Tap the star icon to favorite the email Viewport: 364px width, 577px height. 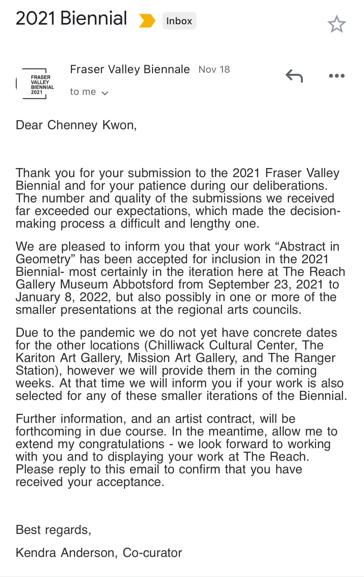coord(336,24)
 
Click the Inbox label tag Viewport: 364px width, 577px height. coord(179,21)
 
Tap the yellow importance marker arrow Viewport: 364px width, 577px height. coord(147,21)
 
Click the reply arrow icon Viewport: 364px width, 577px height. coord(294,76)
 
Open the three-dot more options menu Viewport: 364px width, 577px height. coord(336,76)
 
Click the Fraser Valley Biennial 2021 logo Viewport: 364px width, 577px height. coord(36,84)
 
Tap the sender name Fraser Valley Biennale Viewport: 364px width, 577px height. coord(130,69)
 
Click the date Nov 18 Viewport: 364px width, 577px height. coord(214,69)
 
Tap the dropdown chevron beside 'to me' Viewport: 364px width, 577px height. coord(105,93)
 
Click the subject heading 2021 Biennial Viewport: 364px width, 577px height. coord(71,18)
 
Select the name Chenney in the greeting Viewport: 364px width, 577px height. coord(72,125)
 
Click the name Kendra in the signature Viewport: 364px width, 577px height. coord(36,553)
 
